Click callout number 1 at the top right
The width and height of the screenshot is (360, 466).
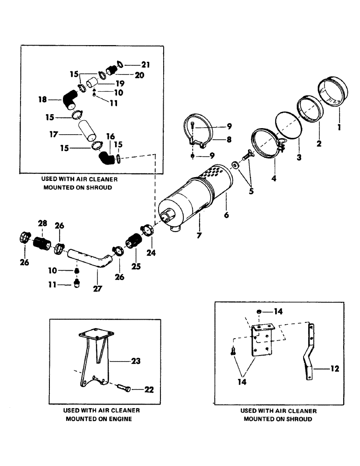pos(339,125)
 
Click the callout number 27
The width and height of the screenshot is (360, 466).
pos(97,288)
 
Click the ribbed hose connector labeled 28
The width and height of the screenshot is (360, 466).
pos(43,243)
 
